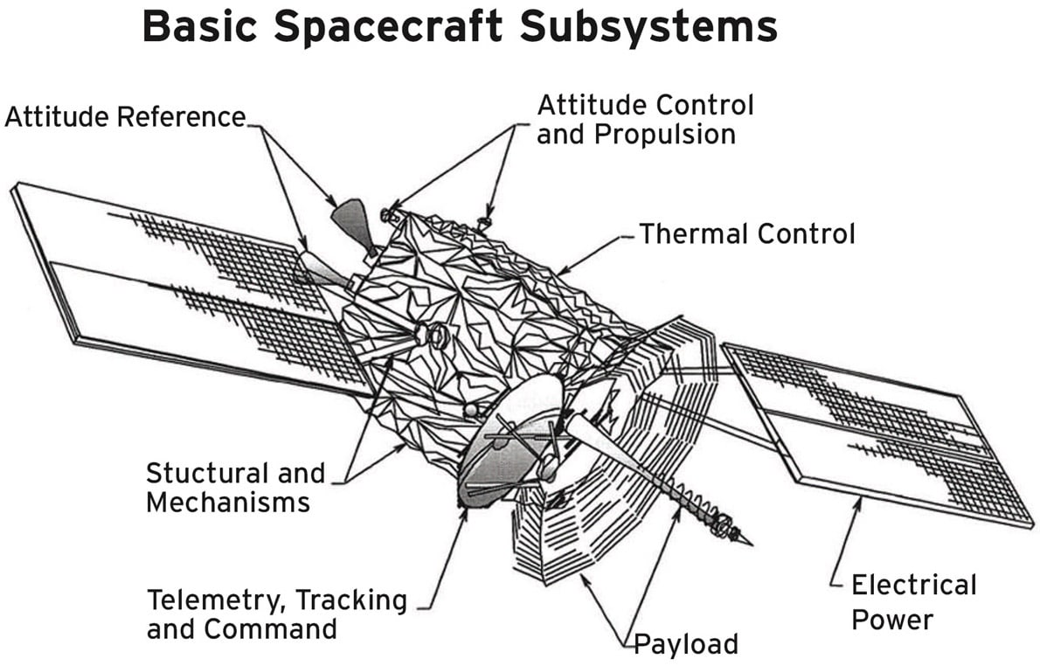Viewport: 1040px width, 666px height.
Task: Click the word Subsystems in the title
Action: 649,26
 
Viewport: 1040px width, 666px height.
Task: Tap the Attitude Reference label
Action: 125,116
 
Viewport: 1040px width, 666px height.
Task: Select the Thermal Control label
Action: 747,234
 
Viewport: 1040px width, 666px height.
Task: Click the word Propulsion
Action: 635,135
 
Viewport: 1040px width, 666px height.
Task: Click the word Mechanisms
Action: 227,502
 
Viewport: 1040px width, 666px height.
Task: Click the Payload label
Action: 685,645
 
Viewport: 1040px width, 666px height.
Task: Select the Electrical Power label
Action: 912,601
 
